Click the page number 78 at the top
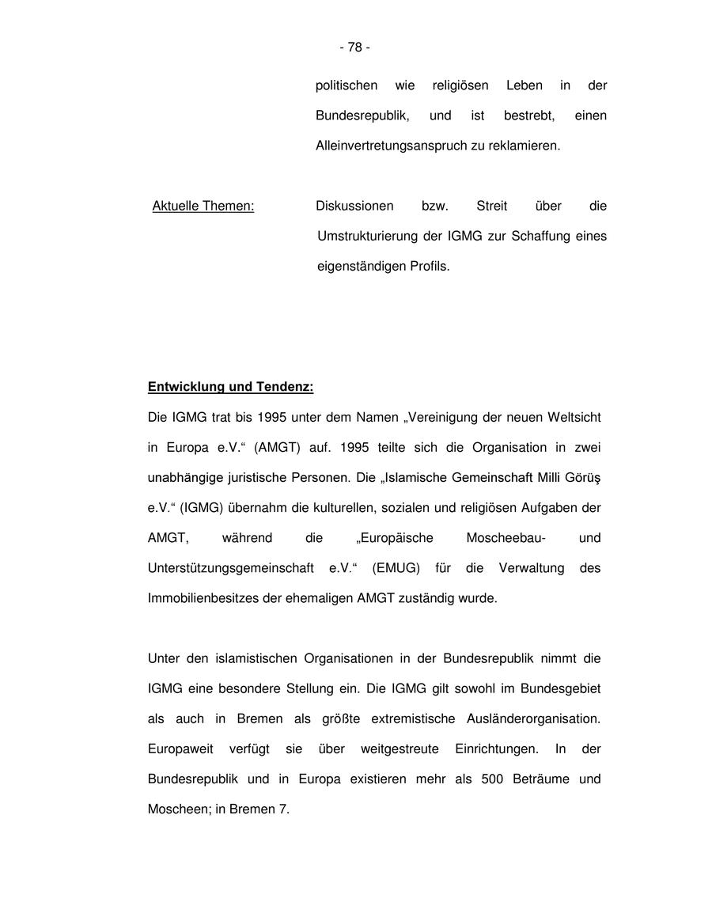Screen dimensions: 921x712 (354, 47)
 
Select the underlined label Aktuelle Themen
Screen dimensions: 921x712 (203, 207)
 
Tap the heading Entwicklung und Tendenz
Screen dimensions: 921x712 (230, 388)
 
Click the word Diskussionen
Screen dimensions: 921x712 (354, 207)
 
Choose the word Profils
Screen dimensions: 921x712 (430, 267)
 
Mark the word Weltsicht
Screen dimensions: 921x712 (574, 417)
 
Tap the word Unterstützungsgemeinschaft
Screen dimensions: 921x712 (230, 568)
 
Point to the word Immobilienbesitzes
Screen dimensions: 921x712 (203, 598)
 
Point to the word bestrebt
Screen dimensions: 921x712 (529, 116)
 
